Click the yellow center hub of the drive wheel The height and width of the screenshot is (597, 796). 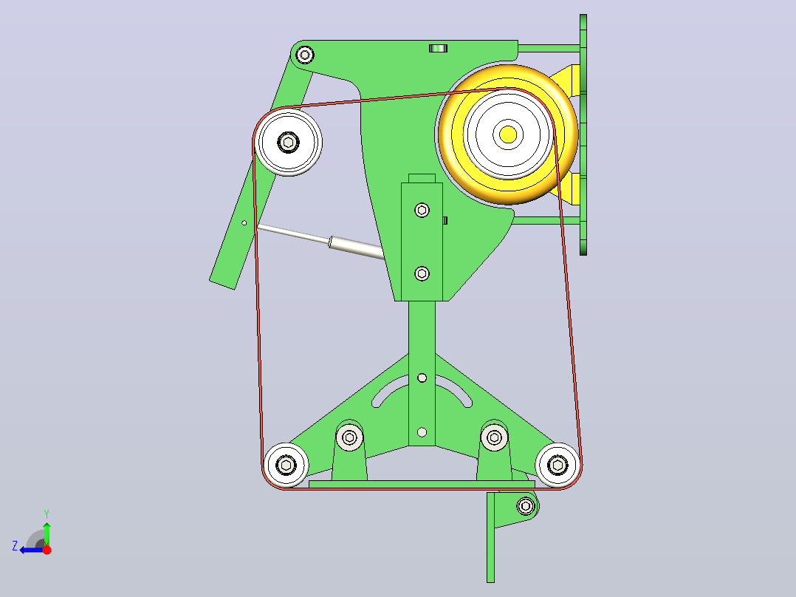(x=508, y=134)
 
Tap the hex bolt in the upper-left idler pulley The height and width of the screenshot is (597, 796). (x=288, y=143)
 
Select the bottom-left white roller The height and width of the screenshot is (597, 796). (x=286, y=465)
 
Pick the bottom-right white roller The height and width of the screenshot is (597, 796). (x=558, y=465)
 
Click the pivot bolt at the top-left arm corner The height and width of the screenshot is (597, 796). (x=304, y=55)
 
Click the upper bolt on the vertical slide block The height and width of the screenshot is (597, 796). (x=422, y=210)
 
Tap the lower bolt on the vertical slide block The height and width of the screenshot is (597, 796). (x=422, y=274)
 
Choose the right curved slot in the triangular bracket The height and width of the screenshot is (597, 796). (x=455, y=391)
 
